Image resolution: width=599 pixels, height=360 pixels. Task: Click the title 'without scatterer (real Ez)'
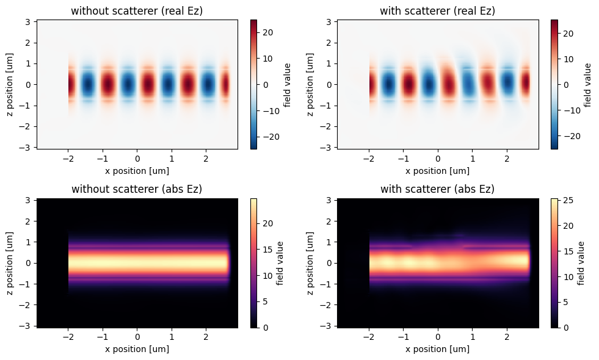pos(137,10)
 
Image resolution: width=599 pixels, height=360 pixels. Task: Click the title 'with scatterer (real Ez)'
pos(437,10)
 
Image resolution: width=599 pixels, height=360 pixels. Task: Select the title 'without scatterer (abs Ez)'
pos(137,189)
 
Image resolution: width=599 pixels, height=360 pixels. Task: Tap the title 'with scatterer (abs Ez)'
pos(437,189)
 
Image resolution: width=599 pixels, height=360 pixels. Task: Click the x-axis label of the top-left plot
pos(137,171)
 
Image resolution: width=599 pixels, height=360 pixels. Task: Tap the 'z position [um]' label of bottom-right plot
pos(311,263)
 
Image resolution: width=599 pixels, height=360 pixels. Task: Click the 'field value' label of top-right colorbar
pos(588,84)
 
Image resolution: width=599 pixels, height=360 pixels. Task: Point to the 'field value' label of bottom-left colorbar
pos(280,263)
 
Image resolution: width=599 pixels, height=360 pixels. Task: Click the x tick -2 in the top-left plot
pos(68,159)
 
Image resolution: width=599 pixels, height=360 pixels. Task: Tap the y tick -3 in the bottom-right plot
pos(328,326)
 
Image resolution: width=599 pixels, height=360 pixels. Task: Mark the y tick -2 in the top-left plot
pos(27,126)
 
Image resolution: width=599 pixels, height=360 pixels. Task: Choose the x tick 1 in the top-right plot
pos(472,159)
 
